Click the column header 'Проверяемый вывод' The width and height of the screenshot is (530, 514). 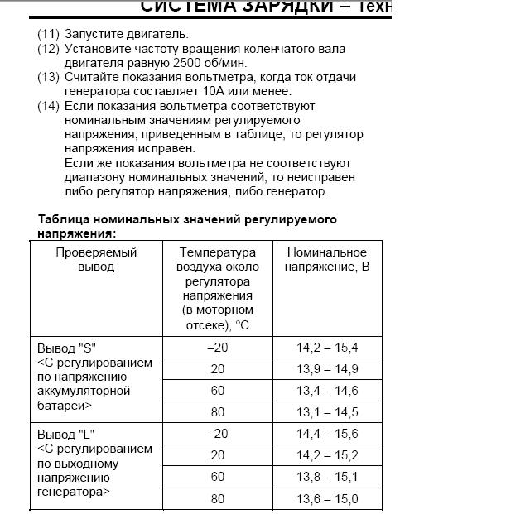[x=96, y=259]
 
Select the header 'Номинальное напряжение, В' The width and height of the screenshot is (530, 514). [x=327, y=259]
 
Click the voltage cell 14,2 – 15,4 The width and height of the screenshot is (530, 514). [x=327, y=347]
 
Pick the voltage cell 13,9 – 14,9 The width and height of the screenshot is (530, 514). [x=327, y=368]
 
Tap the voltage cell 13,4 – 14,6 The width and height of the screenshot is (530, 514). [x=327, y=390]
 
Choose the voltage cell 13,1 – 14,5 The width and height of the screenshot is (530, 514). [x=327, y=411]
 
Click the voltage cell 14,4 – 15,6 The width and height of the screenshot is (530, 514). [x=327, y=434]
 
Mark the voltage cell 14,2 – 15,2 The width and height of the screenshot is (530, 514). [x=327, y=455]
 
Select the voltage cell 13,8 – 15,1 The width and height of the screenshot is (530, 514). [x=327, y=477]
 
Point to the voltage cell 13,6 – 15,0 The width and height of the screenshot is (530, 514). [x=327, y=498]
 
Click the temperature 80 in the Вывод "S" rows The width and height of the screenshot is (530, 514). [x=218, y=411]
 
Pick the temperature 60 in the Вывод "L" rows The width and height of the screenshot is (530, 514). [x=218, y=477]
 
